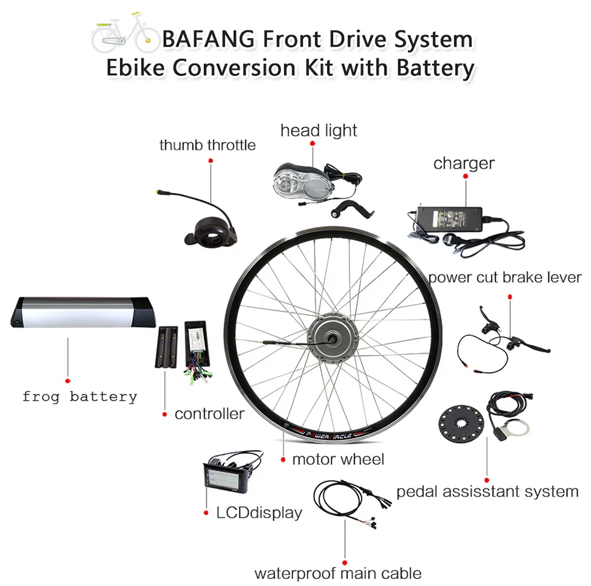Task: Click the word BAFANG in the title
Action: click(x=208, y=39)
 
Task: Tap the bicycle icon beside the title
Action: click(x=126, y=33)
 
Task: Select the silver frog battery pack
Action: click(x=82, y=312)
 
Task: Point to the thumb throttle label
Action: click(x=207, y=145)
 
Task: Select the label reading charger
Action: click(x=464, y=163)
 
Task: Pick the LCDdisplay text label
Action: click(x=259, y=512)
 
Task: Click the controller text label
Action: click(x=210, y=414)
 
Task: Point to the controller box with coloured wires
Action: click(x=197, y=350)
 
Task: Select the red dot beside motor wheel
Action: click(x=283, y=460)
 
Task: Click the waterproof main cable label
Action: click(x=338, y=573)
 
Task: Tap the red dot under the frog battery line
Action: click(x=68, y=381)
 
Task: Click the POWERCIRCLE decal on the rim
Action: click(x=329, y=435)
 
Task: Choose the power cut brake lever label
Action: click(x=505, y=277)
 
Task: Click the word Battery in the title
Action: click(x=435, y=69)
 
